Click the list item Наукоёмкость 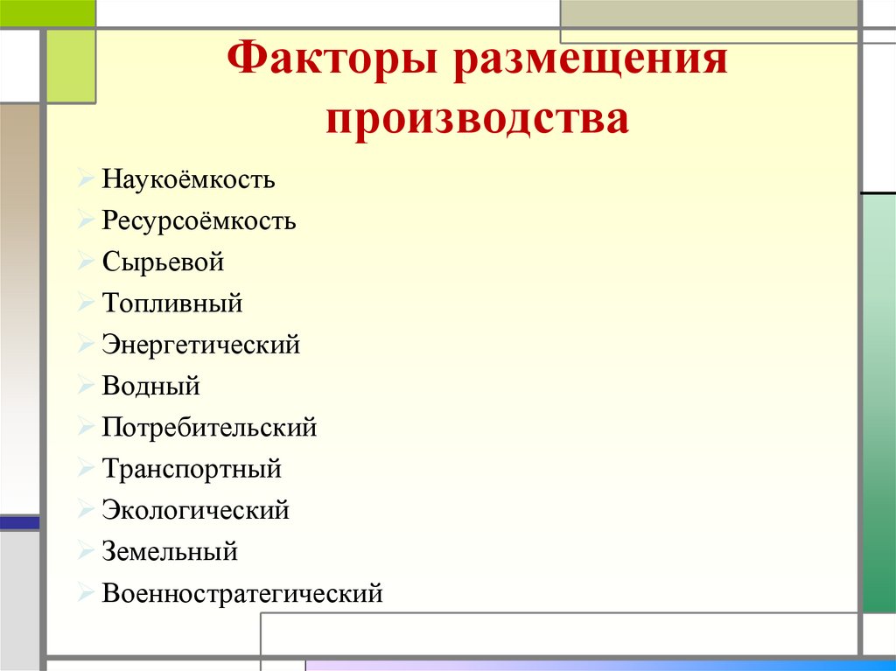coord(188,180)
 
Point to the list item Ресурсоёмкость coord(199,221)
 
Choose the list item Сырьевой coord(164,262)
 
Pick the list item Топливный coord(172,304)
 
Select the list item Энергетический coord(201,345)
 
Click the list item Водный coord(151,386)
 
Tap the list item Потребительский coord(209,428)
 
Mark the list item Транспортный coord(192,469)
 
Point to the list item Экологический coord(195,510)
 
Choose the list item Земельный coord(170,552)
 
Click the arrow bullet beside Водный coord(84,385)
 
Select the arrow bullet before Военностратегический coord(84,593)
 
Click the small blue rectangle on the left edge coord(19,522)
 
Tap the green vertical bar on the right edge coord(878,402)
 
